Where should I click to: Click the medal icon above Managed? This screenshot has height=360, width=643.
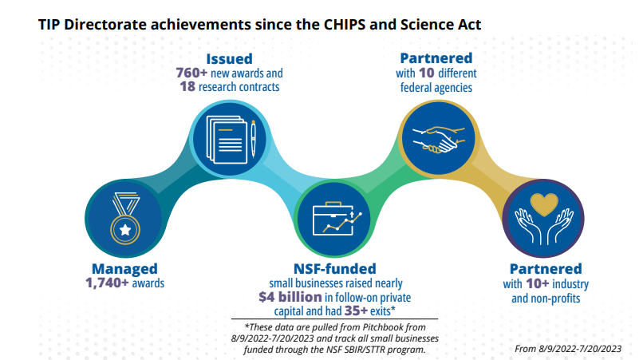coord(125,218)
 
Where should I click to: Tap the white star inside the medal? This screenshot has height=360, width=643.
coord(125,229)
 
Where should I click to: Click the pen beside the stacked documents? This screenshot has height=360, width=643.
coord(253,139)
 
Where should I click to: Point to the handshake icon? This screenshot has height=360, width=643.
coord(439,140)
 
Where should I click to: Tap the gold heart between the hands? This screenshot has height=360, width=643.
coord(544,204)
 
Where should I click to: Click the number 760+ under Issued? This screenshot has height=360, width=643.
coord(191,73)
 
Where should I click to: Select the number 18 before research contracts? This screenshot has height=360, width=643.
coord(187,87)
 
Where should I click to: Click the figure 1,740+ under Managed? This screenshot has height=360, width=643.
coord(107,283)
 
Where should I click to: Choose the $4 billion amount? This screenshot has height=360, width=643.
coord(290,297)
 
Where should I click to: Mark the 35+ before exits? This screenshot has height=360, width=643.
coord(356,311)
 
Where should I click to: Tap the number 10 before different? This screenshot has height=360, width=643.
coord(427,73)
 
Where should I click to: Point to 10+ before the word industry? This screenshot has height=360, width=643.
coord(537,283)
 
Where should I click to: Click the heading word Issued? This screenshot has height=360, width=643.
coord(229,59)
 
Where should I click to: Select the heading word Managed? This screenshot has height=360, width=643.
coord(124,269)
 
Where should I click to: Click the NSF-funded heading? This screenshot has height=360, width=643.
coord(335,269)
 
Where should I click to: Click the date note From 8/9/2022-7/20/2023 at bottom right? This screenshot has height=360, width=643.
coord(568,349)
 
